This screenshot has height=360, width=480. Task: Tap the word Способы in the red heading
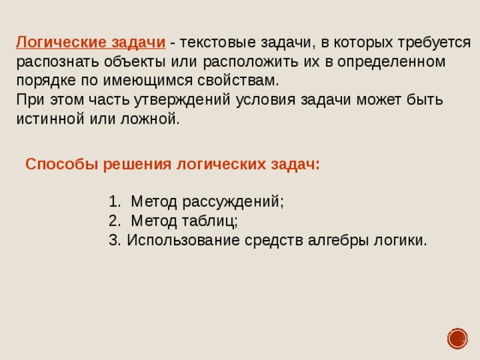[59, 164]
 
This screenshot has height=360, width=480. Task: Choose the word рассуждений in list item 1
[236, 202]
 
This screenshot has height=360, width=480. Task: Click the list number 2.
[113, 220]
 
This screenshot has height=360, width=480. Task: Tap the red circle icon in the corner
[457, 338]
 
